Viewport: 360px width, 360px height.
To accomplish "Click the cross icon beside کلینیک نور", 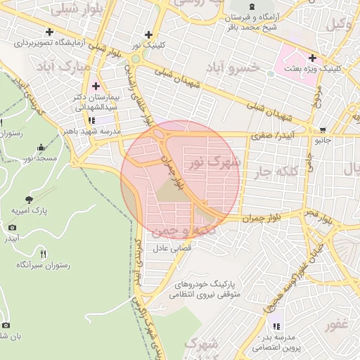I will [148, 34].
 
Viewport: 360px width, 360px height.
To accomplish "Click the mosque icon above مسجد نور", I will [41, 148].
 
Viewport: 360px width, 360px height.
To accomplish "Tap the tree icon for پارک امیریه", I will [28, 200].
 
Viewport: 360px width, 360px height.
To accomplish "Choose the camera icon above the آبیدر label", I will [12, 227].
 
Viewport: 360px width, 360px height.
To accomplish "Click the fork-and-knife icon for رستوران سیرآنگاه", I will [43, 253].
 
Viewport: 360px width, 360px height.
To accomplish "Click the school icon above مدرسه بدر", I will [277, 326].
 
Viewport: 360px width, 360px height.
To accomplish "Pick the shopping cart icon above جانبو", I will [323, 129].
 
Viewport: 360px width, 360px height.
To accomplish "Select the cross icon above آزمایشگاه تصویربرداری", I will [49, 32].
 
